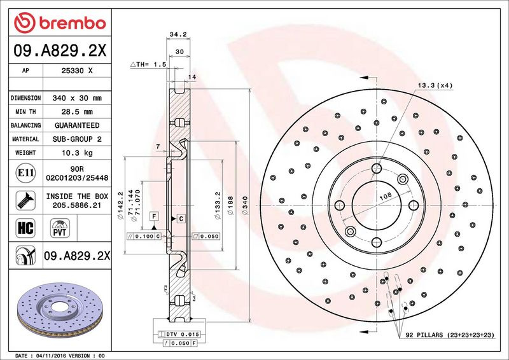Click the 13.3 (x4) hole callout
[435, 85]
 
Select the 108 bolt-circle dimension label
[385, 198]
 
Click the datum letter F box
[153, 217]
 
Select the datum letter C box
[181, 219]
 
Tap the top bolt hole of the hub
[377, 169]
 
